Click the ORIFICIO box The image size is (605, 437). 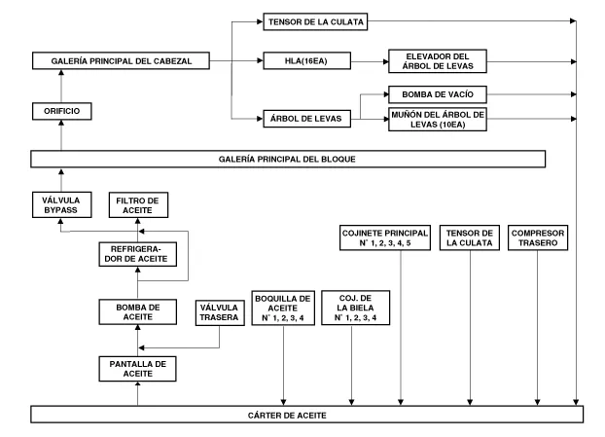62,112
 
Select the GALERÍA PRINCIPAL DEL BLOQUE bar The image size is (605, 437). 288,159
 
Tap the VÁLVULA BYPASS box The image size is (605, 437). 61,205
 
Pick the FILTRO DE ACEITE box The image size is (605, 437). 137,205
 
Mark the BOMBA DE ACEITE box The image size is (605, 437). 137,311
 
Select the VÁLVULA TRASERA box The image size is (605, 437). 219,311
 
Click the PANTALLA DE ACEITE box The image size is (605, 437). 137,367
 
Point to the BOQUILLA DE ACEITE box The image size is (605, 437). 283,308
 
